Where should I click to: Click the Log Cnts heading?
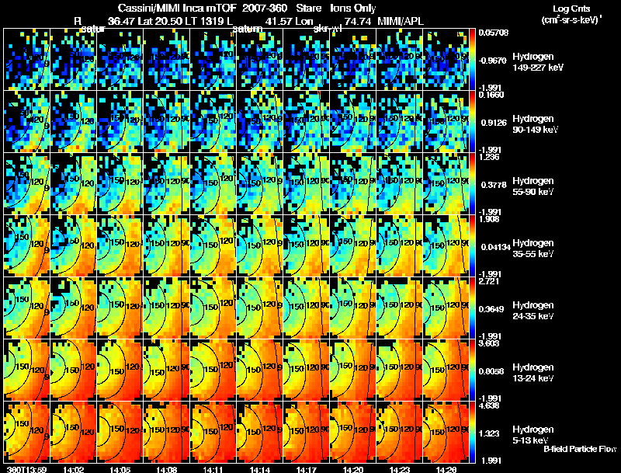(x=571, y=7)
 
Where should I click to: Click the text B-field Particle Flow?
(x=579, y=449)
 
